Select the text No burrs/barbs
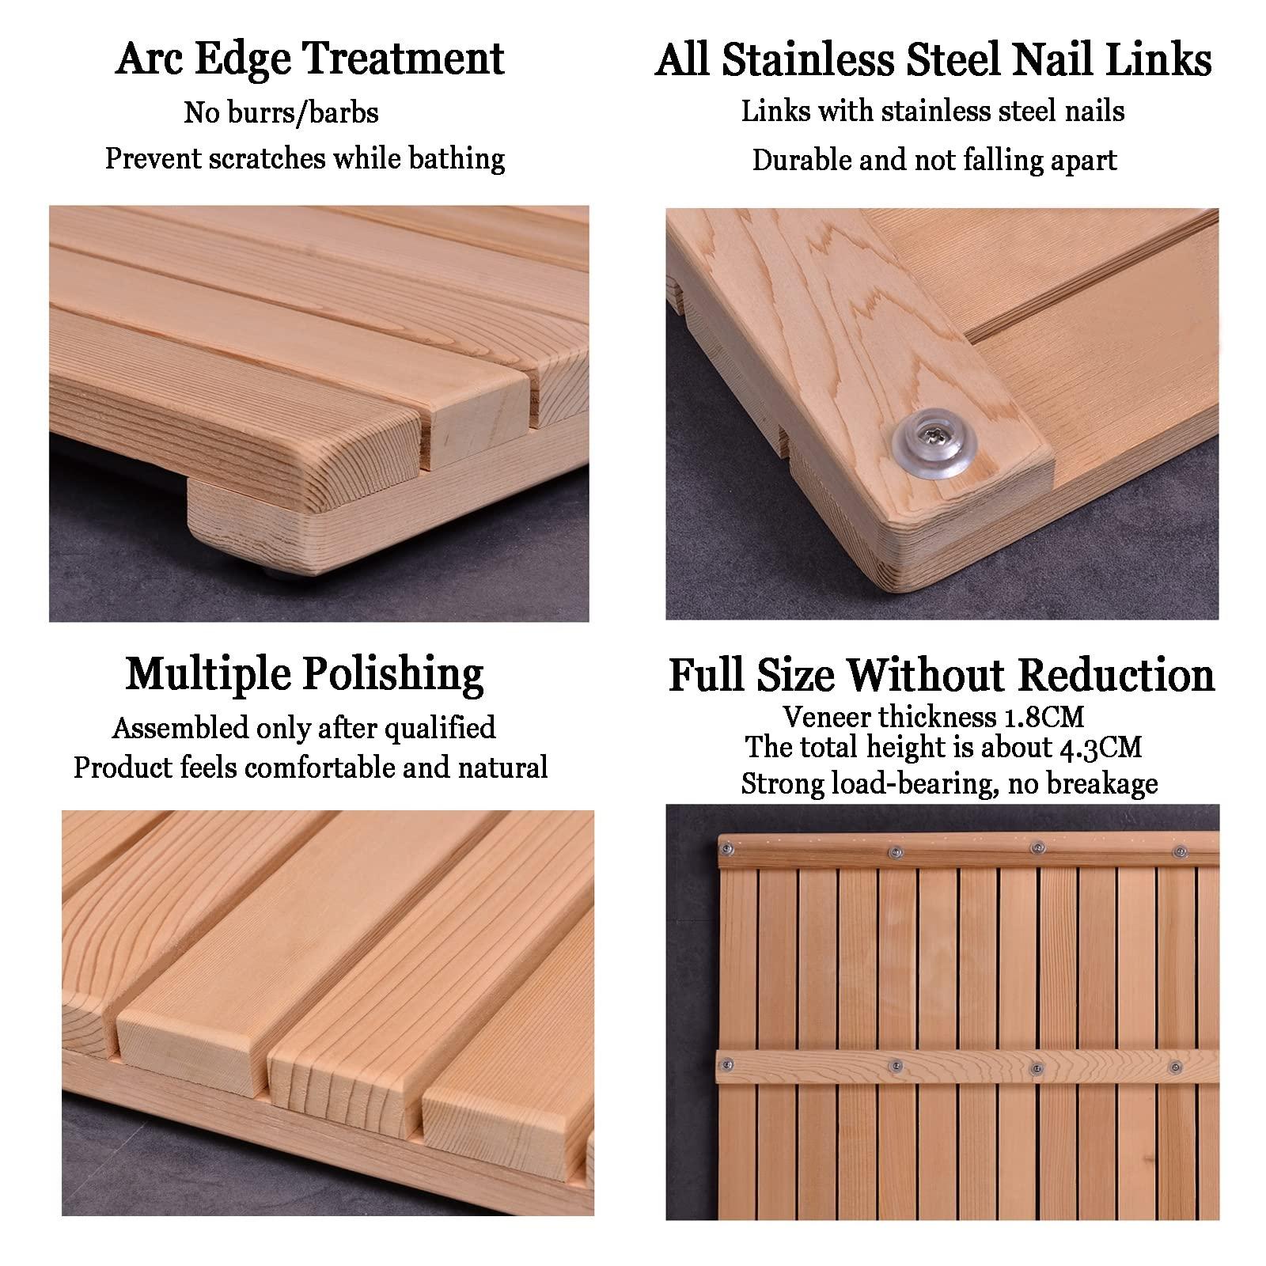pyautogui.click(x=281, y=113)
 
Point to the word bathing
pyautogui.click(x=457, y=159)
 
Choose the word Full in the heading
pyautogui.click(x=711, y=676)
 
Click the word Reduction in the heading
pyautogui.click(x=1116, y=676)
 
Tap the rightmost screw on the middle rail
pyautogui.click(x=1175, y=1067)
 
